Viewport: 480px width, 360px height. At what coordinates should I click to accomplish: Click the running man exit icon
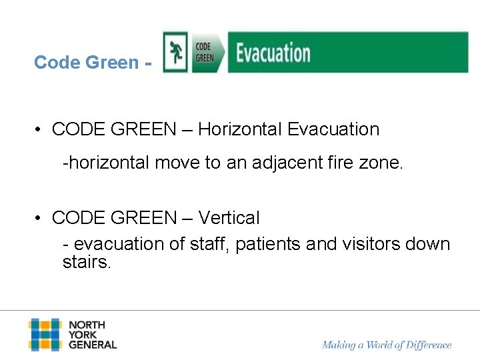[177, 52]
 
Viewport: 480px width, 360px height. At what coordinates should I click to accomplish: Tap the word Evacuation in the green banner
[273, 53]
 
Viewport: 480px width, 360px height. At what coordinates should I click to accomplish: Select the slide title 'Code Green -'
[93, 63]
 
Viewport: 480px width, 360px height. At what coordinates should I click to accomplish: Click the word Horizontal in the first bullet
[242, 129]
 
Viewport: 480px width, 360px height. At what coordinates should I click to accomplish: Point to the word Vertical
[229, 218]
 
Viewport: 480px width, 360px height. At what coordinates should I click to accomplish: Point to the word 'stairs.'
[87, 262]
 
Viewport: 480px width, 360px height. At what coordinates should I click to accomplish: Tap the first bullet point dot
[41, 130]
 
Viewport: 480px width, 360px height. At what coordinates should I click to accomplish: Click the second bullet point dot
[41, 219]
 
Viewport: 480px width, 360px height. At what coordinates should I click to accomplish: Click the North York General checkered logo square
[45, 335]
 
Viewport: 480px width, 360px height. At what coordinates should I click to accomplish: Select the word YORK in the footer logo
[83, 335]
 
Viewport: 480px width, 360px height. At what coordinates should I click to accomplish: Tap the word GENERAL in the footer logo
[93, 345]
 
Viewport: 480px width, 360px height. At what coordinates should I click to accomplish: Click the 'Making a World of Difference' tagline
[387, 345]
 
